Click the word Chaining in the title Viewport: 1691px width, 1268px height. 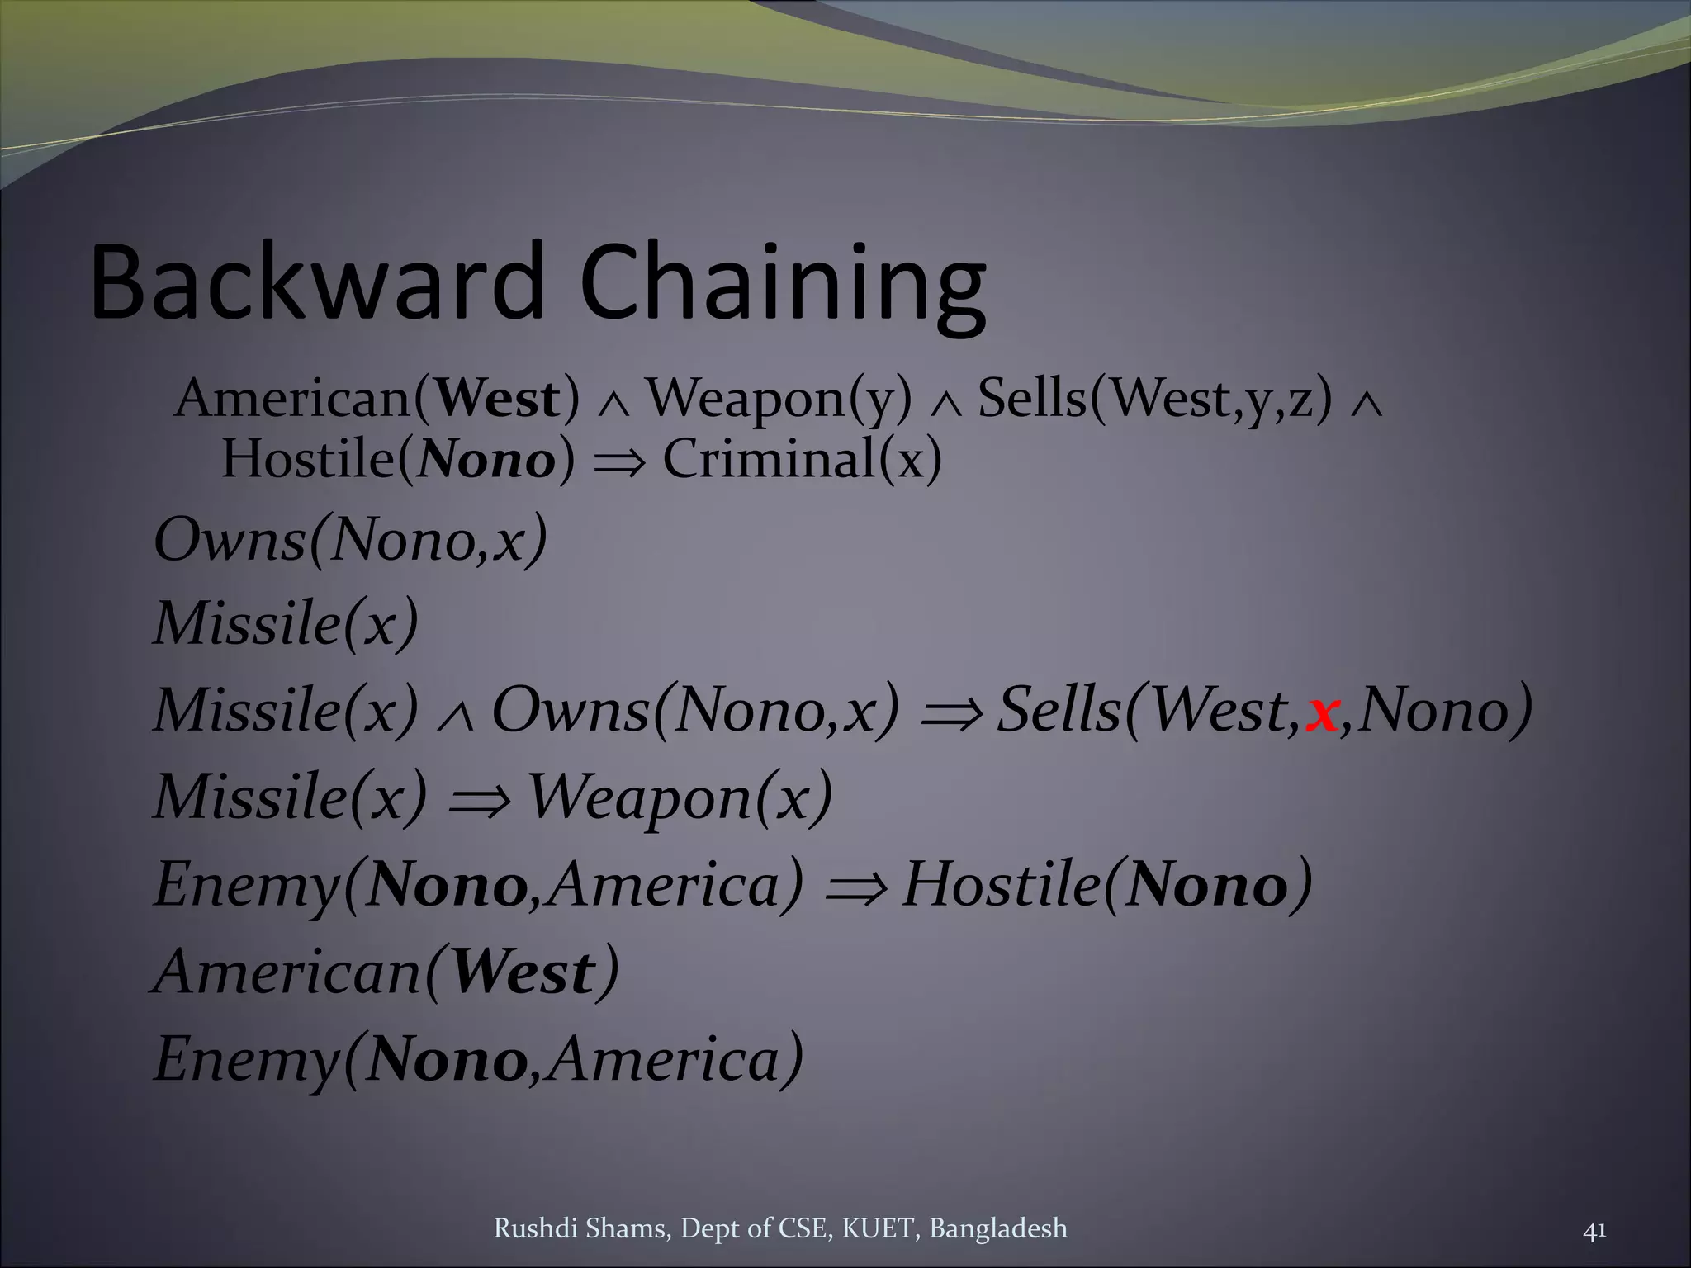783,285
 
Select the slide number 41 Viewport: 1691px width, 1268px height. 1594,1230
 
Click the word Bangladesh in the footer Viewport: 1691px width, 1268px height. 997,1228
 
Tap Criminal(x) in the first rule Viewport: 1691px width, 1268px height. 802,459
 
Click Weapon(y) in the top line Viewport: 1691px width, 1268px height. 779,399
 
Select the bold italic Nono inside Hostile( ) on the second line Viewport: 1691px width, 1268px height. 486,461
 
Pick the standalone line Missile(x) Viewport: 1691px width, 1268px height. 287,623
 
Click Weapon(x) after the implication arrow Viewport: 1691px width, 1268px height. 680,798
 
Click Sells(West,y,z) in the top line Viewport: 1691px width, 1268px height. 1155,399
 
